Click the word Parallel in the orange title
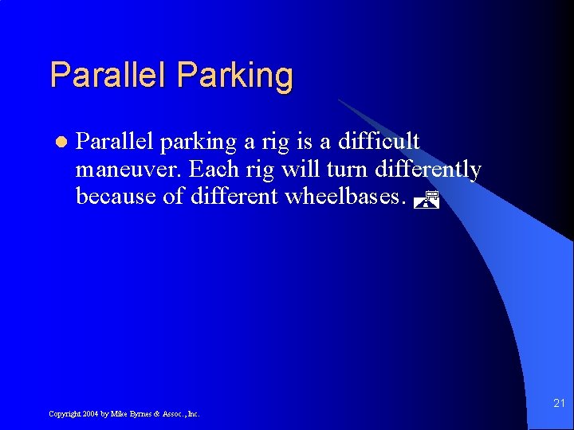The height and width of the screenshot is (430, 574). click(x=109, y=75)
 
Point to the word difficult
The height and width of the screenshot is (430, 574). click(x=379, y=142)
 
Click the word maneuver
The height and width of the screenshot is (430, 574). click(x=128, y=170)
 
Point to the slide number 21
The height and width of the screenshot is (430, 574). click(x=559, y=404)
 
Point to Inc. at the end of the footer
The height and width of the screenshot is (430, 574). click(x=193, y=414)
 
